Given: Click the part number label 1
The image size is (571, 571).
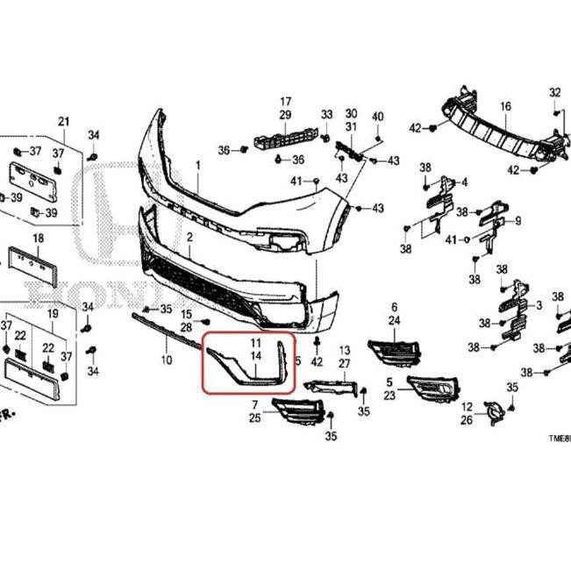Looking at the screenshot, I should [x=197, y=165].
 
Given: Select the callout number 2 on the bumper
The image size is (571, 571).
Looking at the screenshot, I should [x=189, y=238].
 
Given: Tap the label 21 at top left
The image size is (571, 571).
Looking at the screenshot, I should [x=63, y=120].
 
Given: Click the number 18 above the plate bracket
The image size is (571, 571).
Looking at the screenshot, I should [x=39, y=238].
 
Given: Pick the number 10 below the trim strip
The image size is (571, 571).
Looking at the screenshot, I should [x=166, y=360].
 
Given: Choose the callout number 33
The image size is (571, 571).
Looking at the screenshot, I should [x=326, y=115].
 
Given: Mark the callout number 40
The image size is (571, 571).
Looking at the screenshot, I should [x=378, y=117].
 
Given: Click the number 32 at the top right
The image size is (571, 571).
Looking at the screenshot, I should [x=554, y=92].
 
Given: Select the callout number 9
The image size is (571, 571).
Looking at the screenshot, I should [x=518, y=220].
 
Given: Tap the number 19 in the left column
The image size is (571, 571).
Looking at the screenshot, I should [x=53, y=313].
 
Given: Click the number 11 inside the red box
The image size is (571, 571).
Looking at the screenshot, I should [x=256, y=342].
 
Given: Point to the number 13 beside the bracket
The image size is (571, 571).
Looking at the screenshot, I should [x=345, y=350].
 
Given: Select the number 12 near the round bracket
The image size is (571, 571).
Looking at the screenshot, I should [x=467, y=406].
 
